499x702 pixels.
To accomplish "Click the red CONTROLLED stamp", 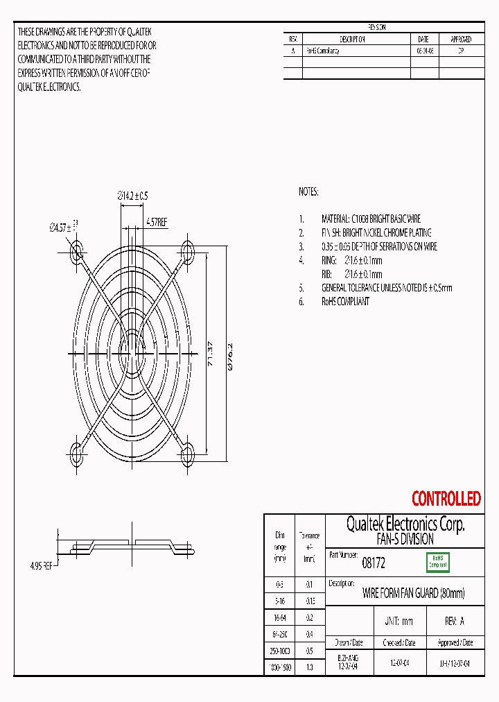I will (x=446, y=498).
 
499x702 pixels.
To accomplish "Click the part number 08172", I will (x=374, y=564).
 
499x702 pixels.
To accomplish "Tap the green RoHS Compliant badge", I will (x=437, y=562).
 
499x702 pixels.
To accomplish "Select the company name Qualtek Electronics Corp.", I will (x=405, y=524).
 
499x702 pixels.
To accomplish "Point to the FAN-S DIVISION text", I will (x=405, y=539).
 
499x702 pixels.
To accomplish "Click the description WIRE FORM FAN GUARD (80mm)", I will (x=414, y=593).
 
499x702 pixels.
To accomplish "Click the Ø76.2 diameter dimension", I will (x=230, y=353).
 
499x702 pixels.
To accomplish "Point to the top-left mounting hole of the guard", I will (x=76, y=249).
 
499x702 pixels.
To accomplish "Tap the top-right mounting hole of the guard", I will (x=187, y=249).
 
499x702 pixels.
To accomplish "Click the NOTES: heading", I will (x=308, y=191).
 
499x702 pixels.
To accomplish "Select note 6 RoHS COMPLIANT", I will (x=344, y=301).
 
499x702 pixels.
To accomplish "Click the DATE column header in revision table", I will (x=423, y=40).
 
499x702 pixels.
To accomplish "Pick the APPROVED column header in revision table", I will (x=461, y=40).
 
